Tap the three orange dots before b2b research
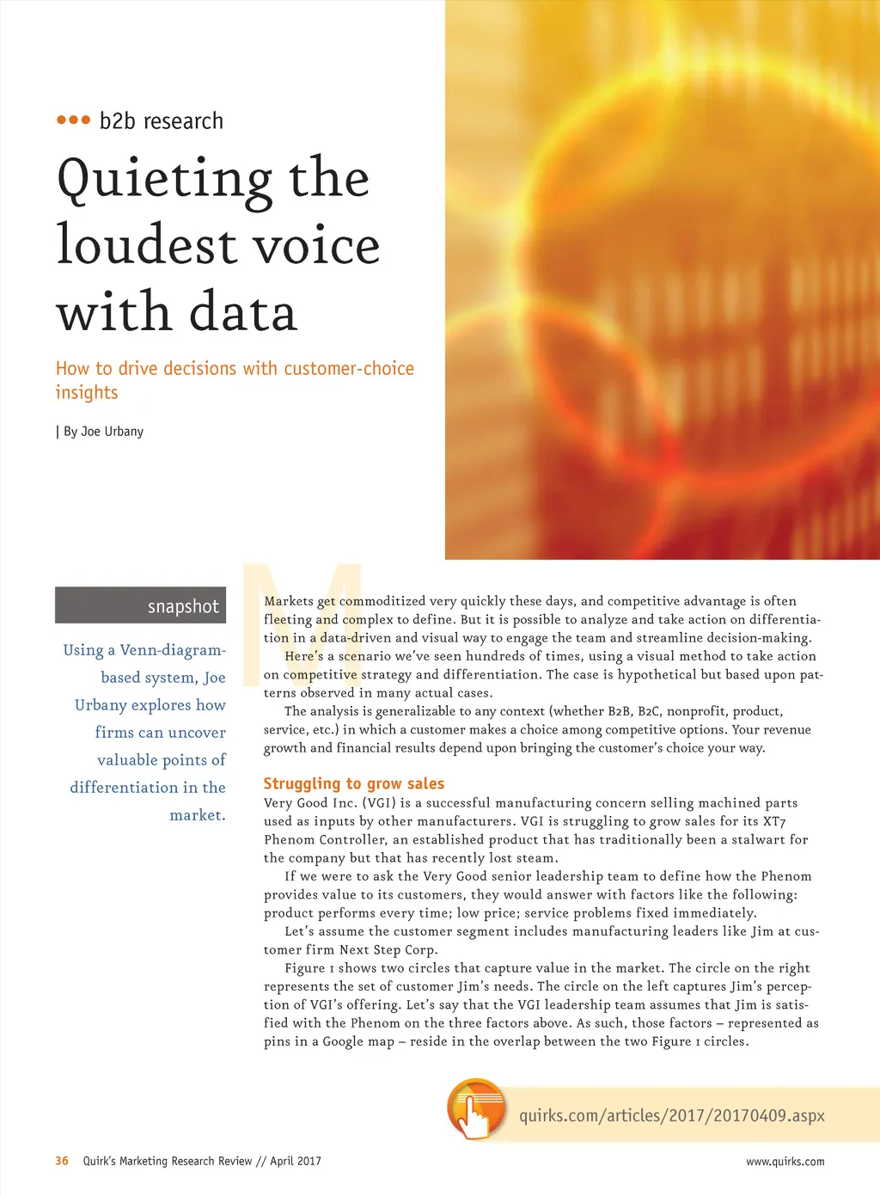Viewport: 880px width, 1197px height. [73, 120]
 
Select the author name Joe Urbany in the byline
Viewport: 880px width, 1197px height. [112, 432]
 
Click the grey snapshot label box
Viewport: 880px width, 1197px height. [140, 605]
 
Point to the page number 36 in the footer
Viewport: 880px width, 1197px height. [62, 1161]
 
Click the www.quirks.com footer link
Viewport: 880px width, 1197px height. [785, 1162]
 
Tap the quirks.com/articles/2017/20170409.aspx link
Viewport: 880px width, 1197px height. [671, 1115]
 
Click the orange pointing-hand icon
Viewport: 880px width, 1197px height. [475, 1110]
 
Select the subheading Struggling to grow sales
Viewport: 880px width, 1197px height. [353, 783]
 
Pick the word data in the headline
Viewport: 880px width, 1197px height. [242, 312]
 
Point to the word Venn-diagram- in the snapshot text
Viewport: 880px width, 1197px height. [173, 650]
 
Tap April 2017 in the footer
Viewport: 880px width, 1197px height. [296, 1161]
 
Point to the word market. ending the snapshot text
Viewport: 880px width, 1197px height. [197, 815]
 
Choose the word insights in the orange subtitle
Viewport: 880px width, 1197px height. [87, 393]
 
